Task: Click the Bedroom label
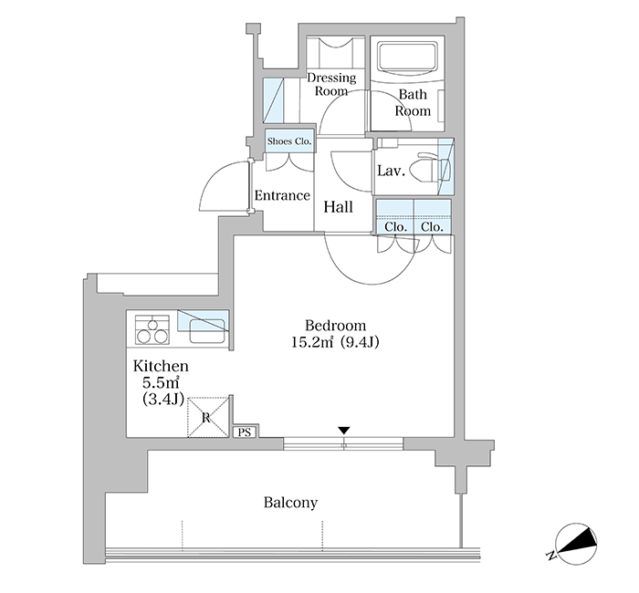(335, 326)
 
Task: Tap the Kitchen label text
(161, 366)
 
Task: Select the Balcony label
(290, 503)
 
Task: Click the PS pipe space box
(245, 432)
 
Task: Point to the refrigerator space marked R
(208, 418)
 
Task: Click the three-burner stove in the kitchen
(152, 330)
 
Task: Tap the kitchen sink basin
(207, 330)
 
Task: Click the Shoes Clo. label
(289, 141)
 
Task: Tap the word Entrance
(282, 195)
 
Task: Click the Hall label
(339, 207)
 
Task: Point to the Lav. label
(392, 171)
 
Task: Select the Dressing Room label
(331, 84)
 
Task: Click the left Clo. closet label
(395, 226)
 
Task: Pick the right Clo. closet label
(432, 226)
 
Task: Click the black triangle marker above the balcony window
(344, 431)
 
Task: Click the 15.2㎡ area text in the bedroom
(312, 342)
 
